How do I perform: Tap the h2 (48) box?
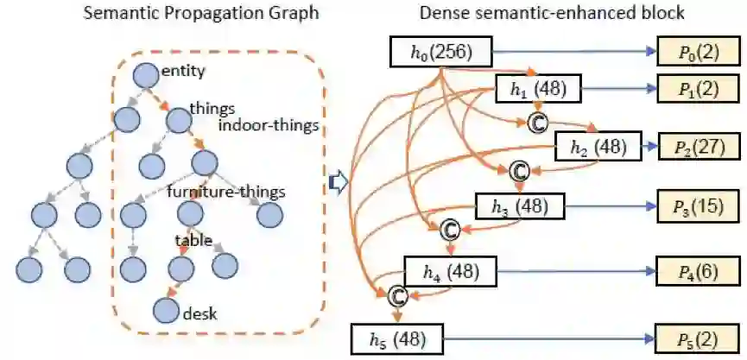coord(598,148)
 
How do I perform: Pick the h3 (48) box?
coord(520,206)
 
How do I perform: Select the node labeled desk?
coord(167,308)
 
